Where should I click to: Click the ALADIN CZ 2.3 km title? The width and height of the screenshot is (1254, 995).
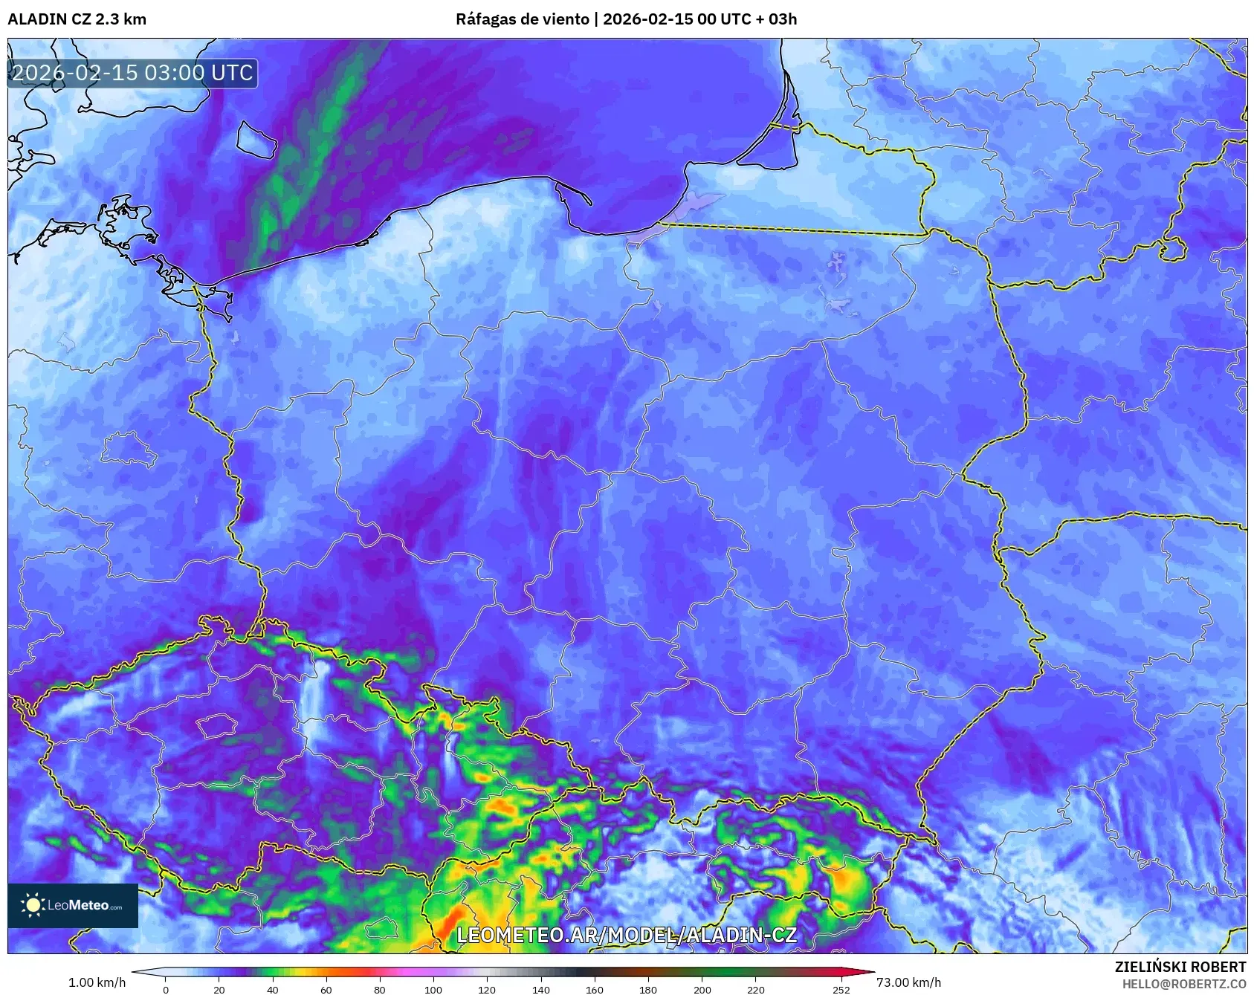(x=77, y=19)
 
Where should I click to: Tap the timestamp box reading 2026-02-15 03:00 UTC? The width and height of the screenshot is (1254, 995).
(x=133, y=73)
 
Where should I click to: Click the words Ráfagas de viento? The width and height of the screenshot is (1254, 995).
(x=522, y=19)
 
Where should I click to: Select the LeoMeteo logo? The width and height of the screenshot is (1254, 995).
(x=73, y=905)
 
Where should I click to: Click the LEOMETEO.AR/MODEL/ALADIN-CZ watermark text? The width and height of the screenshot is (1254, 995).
(x=627, y=935)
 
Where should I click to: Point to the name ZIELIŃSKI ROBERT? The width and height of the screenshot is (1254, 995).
(x=1180, y=967)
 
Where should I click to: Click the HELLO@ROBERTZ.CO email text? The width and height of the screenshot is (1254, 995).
(x=1183, y=984)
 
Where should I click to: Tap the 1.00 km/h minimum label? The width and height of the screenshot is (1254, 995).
(x=97, y=982)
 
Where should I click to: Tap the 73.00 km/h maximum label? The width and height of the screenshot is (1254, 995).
(x=908, y=982)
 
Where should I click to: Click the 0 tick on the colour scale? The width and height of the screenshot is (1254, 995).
(x=166, y=989)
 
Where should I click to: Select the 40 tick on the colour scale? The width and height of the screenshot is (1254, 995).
(x=273, y=989)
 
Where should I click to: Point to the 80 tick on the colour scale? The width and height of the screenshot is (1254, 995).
(x=380, y=989)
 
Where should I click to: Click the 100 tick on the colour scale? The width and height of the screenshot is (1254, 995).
(x=433, y=989)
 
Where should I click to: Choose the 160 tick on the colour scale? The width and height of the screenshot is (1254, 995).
(x=595, y=989)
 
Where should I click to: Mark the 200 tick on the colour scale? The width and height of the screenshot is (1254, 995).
(x=702, y=989)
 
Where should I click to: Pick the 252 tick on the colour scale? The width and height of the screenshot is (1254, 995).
(x=841, y=989)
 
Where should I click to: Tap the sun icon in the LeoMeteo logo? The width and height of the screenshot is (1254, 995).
(x=33, y=905)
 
